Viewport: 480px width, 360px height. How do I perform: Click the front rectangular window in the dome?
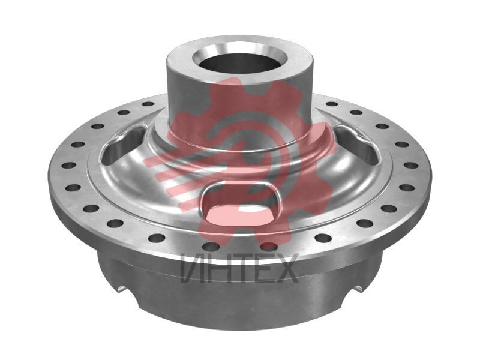click(x=241, y=203)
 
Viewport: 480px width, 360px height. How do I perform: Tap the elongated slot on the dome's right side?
click(x=356, y=142)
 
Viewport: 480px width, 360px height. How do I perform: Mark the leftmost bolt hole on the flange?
click(x=68, y=166)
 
